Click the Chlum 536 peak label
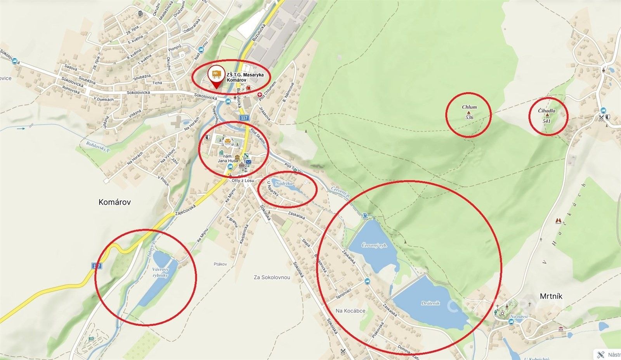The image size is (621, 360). [x=469, y=112]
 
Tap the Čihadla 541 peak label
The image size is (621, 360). [x=547, y=115]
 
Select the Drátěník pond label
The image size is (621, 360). [x=430, y=303]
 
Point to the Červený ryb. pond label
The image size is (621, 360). [x=374, y=246]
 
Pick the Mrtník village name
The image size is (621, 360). [x=551, y=296]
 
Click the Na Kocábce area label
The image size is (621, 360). [x=350, y=311]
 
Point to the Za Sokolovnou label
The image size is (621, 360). [x=272, y=278]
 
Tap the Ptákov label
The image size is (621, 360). [x=220, y=264]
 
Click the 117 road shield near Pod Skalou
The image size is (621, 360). [x=244, y=118]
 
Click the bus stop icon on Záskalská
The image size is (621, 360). [x=367, y=280]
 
